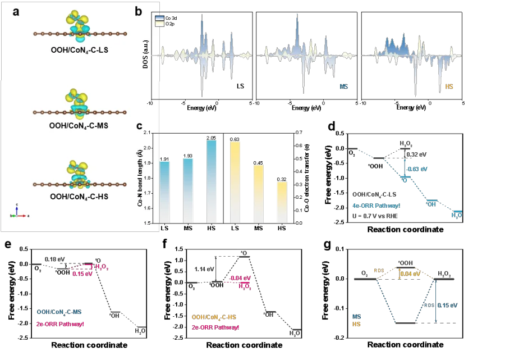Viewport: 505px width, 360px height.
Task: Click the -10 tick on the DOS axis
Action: (x=150, y=104)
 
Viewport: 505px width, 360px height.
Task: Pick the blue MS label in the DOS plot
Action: (x=343, y=87)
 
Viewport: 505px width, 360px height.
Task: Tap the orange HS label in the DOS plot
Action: (x=448, y=87)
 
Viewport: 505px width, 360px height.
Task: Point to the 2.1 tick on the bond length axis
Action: (x=148, y=133)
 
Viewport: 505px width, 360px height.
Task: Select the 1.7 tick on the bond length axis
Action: (x=148, y=193)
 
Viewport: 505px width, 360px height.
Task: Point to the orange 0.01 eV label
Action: (x=408, y=274)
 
